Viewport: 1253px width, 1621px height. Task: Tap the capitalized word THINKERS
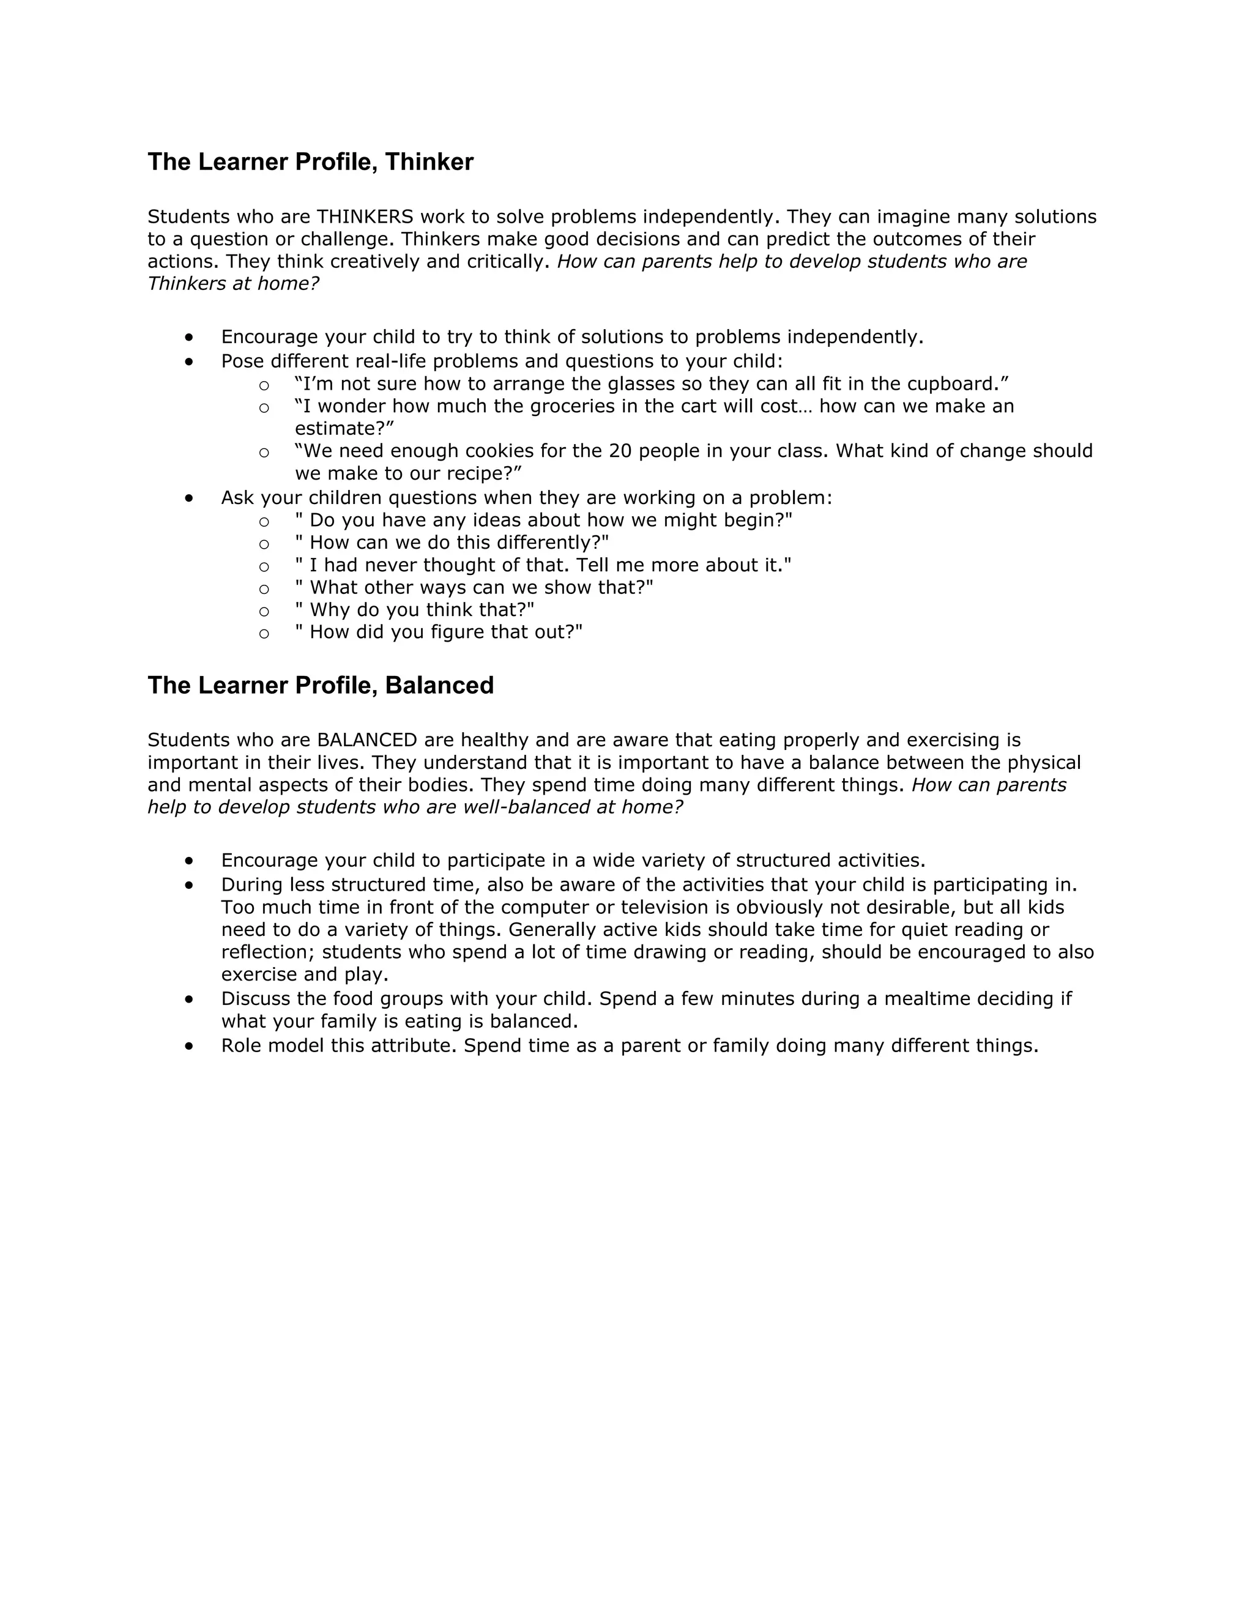point(365,217)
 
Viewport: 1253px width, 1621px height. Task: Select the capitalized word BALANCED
point(366,740)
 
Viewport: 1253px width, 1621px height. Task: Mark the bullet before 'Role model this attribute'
point(189,1046)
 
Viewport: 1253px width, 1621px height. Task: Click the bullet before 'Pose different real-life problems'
point(189,362)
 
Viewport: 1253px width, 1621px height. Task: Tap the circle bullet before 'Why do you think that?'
point(264,612)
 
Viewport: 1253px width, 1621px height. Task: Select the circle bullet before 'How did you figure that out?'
point(264,634)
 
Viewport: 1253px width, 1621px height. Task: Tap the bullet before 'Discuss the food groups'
point(189,1000)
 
